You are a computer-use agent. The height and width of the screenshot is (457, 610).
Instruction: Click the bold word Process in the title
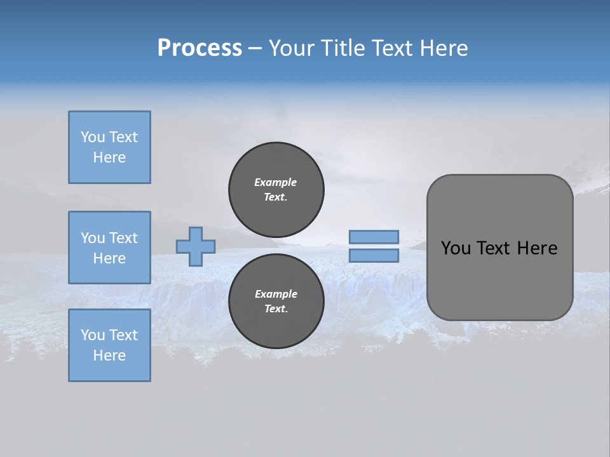click(200, 48)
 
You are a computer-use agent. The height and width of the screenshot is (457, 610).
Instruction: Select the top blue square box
click(109, 147)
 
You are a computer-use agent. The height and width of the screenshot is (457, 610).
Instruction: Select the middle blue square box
click(109, 248)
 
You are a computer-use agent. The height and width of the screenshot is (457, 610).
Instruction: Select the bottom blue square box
click(109, 345)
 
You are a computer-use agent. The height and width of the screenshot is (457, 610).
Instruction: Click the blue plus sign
click(196, 247)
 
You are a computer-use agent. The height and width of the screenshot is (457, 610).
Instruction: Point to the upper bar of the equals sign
click(374, 237)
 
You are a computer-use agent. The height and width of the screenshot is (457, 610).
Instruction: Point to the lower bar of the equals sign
click(374, 256)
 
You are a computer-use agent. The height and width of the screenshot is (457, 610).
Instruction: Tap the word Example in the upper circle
click(275, 182)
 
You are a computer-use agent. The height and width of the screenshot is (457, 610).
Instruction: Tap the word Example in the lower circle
click(276, 294)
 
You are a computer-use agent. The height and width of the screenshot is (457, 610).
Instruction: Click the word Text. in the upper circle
click(275, 197)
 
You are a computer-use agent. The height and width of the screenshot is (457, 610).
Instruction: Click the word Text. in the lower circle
click(276, 309)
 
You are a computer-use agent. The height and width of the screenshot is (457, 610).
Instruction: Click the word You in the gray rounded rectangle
click(455, 248)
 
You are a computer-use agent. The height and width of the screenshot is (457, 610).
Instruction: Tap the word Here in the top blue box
click(109, 157)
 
